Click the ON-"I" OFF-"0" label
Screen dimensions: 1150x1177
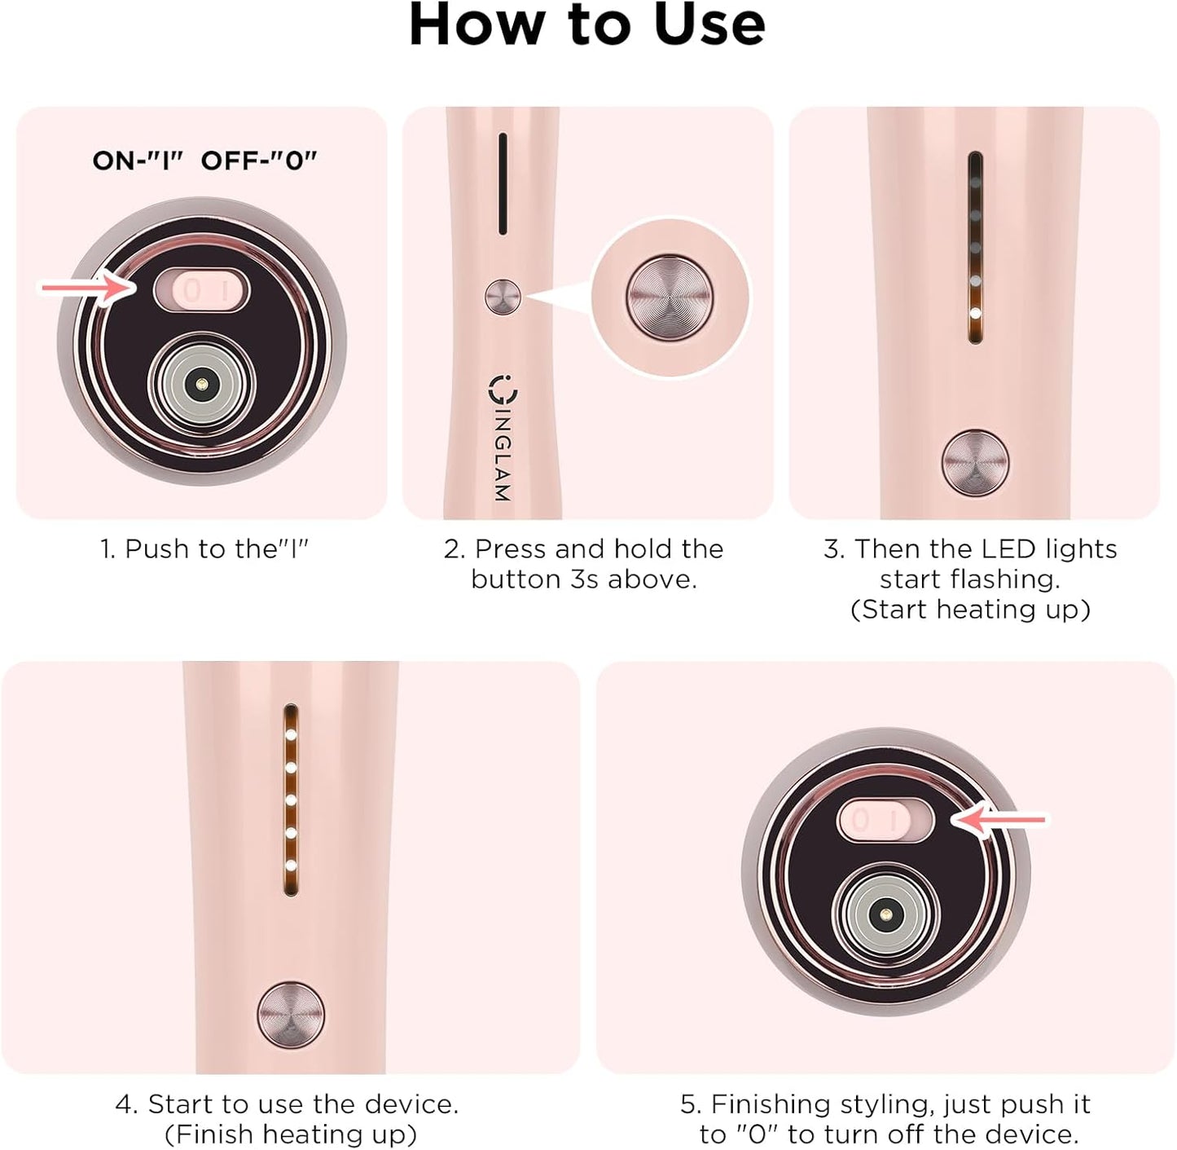pos(204,161)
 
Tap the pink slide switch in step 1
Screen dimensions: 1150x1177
pos(201,291)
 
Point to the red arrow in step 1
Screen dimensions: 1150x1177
pos(86,287)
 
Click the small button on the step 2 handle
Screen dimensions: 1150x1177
pos(503,297)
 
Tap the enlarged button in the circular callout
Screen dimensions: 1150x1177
pos(669,297)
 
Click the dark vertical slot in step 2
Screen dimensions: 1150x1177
pos(503,183)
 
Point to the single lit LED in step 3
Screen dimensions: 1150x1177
pos(975,313)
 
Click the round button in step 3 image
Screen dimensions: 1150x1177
pos(975,461)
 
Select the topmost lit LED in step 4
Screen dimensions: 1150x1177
pos(290,734)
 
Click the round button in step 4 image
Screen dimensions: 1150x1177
pos(291,1015)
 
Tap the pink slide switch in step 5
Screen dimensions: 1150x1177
pos(885,821)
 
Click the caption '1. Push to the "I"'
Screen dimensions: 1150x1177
pos(204,549)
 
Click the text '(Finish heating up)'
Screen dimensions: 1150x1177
pos(291,1135)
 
